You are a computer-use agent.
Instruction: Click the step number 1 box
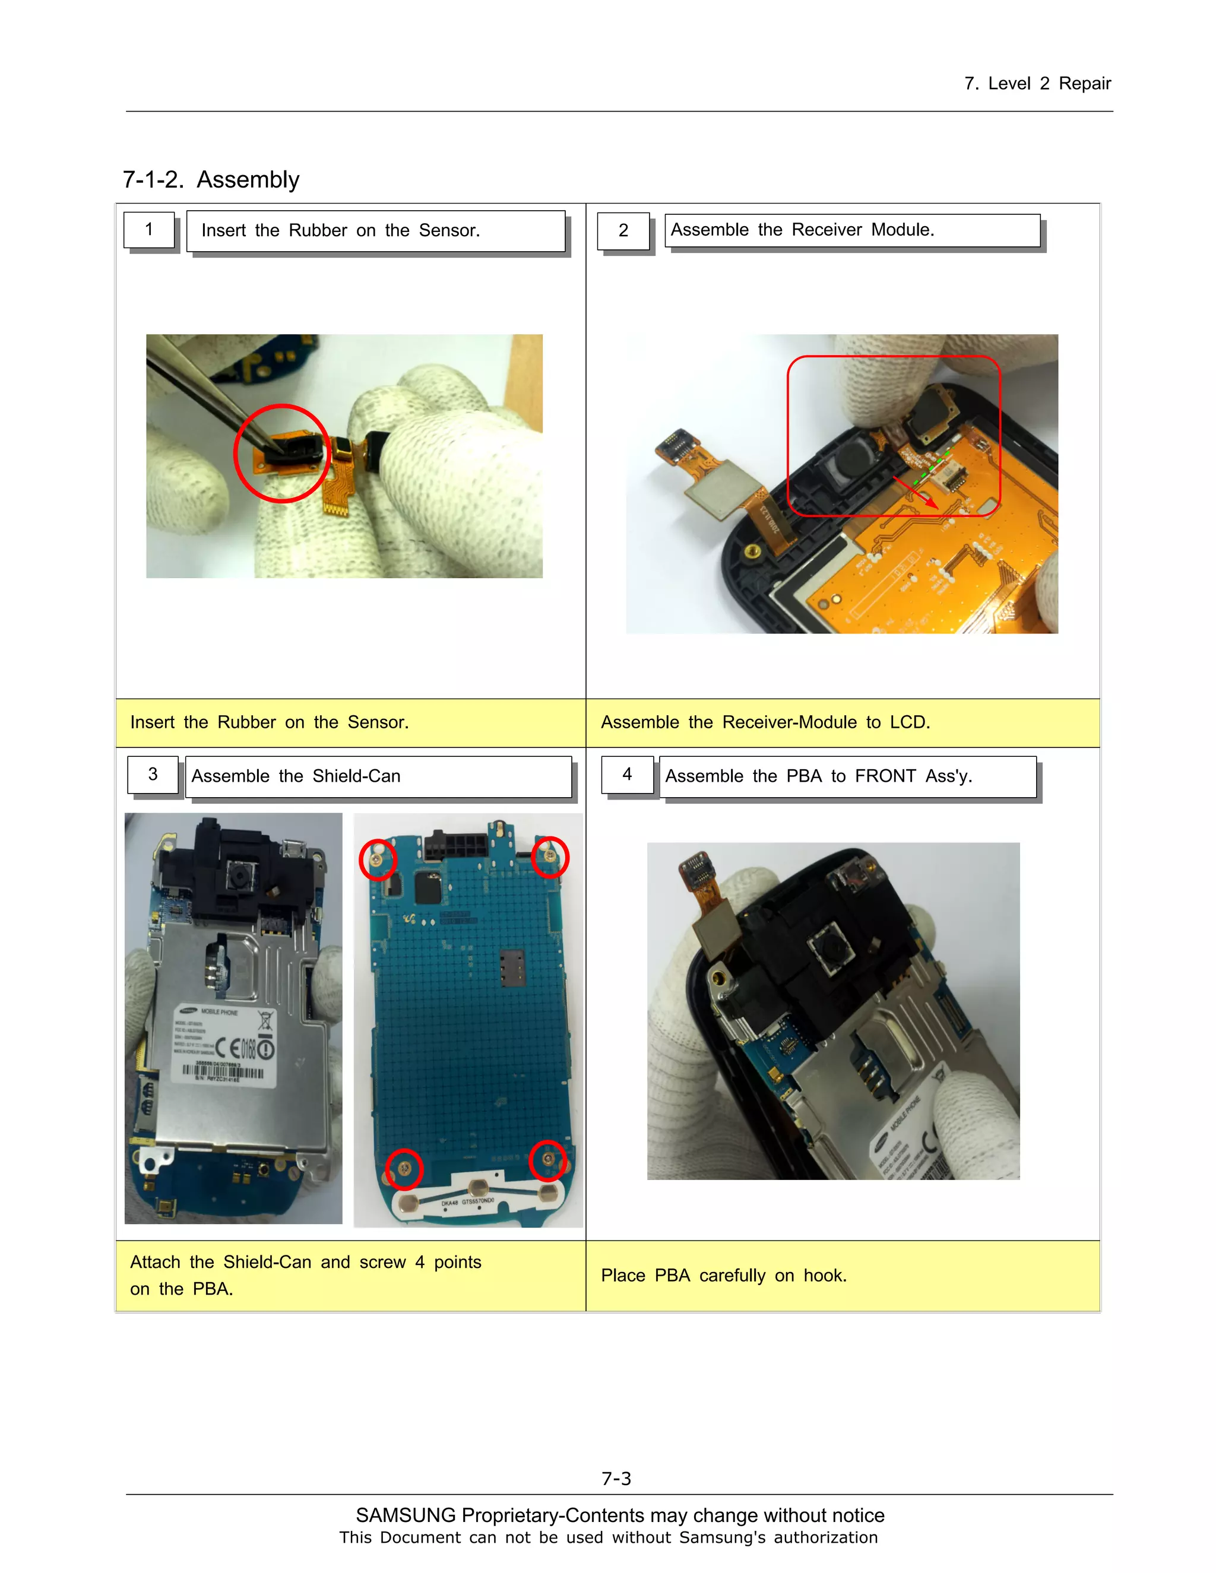click(149, 230)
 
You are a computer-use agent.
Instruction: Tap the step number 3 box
click(153, 774)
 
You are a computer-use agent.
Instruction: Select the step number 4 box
click(628, 774)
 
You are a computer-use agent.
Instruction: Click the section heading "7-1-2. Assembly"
click(211, 179)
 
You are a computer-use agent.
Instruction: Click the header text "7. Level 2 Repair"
click(1037, 84)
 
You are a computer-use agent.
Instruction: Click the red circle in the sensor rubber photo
click(281, 453)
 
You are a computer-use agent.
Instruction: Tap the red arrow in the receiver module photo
click(916, 492)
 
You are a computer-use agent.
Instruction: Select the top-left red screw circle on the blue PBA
click(378, 860)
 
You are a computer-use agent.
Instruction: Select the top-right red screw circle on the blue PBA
click(550, 857)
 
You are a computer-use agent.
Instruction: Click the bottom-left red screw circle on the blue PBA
click(404, 1168)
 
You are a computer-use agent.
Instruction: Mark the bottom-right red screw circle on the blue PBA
click(548, 1160)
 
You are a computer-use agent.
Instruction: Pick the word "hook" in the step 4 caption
click(823, 1276)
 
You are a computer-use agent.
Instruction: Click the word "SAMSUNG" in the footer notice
click(406, 1515)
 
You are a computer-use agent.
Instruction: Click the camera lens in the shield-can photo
click(236, 877)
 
